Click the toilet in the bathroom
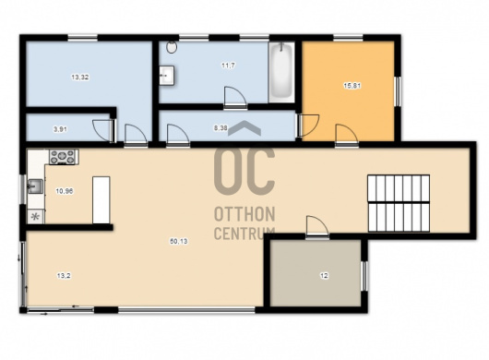(x=172, y=47)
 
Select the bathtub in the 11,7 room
(x=281, y=72)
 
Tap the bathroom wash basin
(x=166, y=75)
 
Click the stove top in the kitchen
(x=63, y=157)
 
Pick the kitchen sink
(x=35, y=186)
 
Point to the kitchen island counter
(x=101, y=200)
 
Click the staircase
(x=399, y=203)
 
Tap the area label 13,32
(x=80, y=77)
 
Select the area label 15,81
(x=352, y=86)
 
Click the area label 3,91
(x=61, y=129)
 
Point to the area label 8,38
(x=221, y=128)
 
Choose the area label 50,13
(x=179, y=241)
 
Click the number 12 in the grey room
(x=324, y=276)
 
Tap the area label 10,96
(x=65, y=191)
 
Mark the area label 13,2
(x=64, y=276)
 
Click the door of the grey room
(x=317, y=227)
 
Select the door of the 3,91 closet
(x=104, y=130)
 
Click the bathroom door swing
(x=235, y=98)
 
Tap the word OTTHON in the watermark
(x=244, y=214)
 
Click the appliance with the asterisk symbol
(x=36, y=217)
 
